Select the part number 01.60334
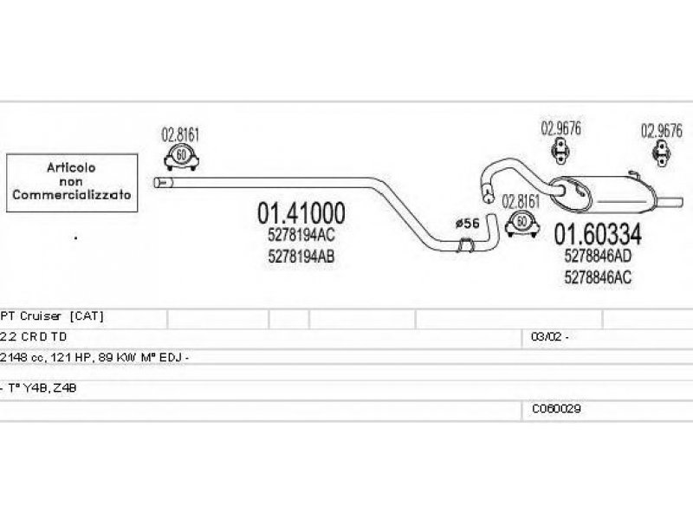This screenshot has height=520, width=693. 598,234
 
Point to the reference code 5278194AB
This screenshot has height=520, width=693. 302,257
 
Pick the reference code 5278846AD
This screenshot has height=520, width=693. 598,257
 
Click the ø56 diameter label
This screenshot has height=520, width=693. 466,223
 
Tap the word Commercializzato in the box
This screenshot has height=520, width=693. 72,195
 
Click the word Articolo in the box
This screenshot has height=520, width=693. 72,167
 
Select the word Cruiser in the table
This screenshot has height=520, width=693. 41,316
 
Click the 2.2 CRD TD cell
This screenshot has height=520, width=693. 36,337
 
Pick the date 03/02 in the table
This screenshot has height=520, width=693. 543,337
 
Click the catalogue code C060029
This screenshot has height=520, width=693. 550,408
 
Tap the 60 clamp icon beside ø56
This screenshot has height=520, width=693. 521,222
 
